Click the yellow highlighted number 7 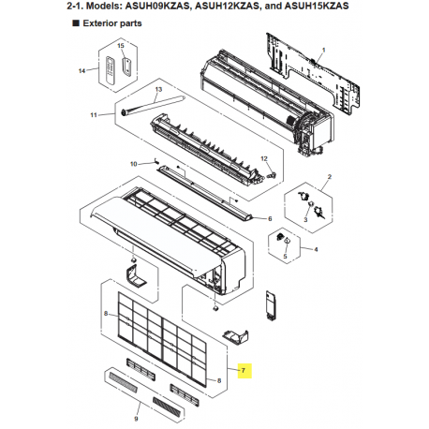click(x=244, y=371)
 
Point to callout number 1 click(x=324, y=50)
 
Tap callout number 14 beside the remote click(x=81, y=71)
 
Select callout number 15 click(x=121, y=46)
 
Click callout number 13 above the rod click(x=158, y=89)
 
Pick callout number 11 click(x=94, y=115)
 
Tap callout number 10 click(x=134, y=164)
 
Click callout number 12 click(x=264, y=158)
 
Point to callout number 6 click(x=270, y=219)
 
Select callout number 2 click(x=330, y=177)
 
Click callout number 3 click(x=305, y=220)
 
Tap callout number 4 click(x=316, y=249)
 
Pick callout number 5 click(x=285, y=257)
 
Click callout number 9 click(x=136, y=419)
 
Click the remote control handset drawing click(x=111, y=70)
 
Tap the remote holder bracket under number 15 click(x=126, y=67)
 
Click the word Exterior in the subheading click(x=99, y=23)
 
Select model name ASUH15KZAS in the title click(x=317, y=6)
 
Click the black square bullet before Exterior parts click(x=76, y=23)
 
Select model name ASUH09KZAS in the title click(x=157, y=6)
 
